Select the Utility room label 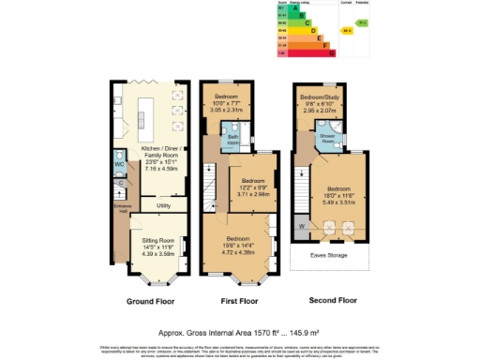click(162, 203)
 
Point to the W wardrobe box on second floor click(302, 226)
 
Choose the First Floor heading click(238, 302)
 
